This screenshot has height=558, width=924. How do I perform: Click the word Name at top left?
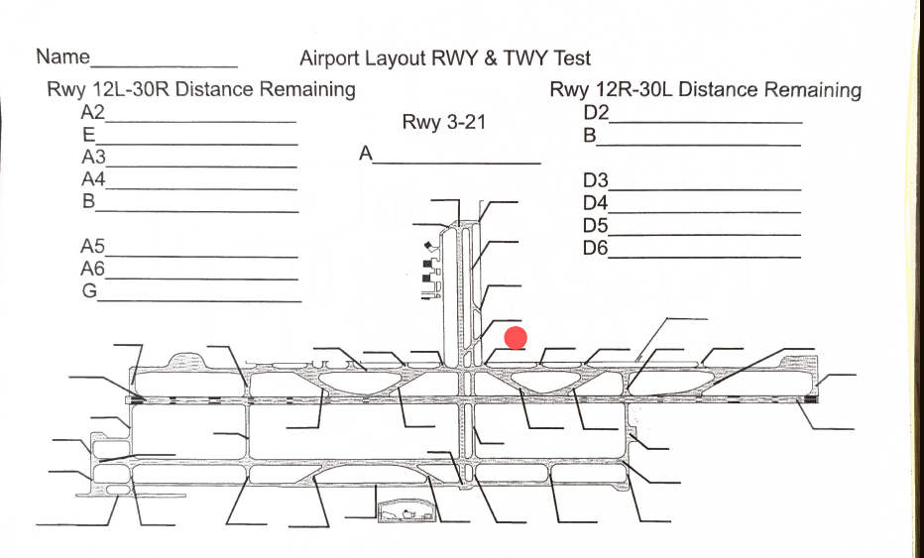pyautogui.click(x=62, y=56)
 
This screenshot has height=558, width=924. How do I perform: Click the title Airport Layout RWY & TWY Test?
pyautogui.click(x=445, y=58)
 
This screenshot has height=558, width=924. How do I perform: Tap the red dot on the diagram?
pyautogui.click(x=516, y=338)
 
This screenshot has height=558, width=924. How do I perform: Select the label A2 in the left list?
pyautogui.click(x=93, y=111)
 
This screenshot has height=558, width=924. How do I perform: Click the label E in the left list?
pyautogui.click(x=88, y=134)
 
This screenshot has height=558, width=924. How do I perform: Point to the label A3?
pyautogui.click(x=93, y=157)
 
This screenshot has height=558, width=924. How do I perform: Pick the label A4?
pyautogui.click(x=93, y=179)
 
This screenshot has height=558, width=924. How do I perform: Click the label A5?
pyautogui.click(x=93, y=246)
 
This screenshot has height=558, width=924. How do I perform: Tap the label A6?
pyautogui.click(x=93, y=269)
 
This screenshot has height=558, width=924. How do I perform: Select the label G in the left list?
pyautogui.click(x=89, y=291)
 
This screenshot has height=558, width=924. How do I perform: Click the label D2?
pyautogui.click(x=596, y=112)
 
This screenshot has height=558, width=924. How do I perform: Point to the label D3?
pyautogui.click(x=596, y=180)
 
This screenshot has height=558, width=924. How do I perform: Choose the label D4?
pyautogui.click(x=596, y=203)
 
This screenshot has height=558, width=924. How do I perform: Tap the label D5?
pyautogui.click(x=596, y=225)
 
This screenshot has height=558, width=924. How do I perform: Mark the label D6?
pyautogui.click(x=596, y=248)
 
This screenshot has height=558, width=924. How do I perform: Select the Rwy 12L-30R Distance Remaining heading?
pyautogui.click(x=201, y=89)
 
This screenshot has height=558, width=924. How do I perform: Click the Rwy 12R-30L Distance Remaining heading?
pyautogui.click(x=705, y=90)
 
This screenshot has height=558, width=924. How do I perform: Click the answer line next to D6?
pyautogui.click(x=704, y=257)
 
